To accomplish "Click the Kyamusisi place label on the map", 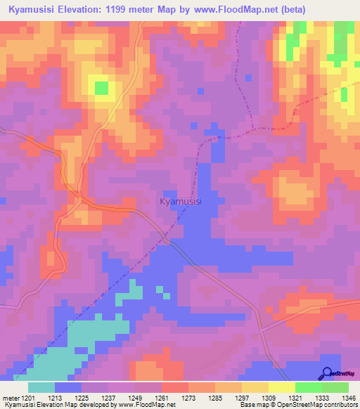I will (181, 202).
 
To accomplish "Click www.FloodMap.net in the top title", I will (268, 9).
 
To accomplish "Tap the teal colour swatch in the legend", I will (41, 387).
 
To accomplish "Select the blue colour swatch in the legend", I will (68, 387).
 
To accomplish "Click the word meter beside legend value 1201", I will (11, 398).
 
